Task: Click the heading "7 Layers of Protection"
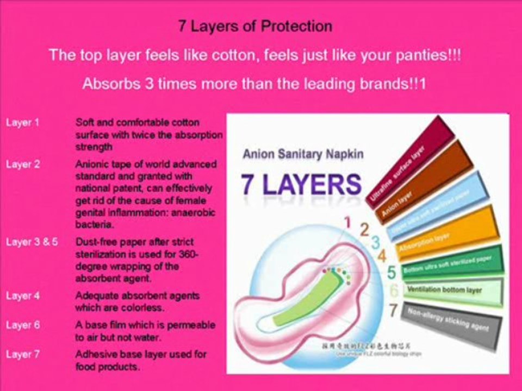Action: point(255,26)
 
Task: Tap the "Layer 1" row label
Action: point(22,123)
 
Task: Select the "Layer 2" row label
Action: point(23,165)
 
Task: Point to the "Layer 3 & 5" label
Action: point(32,242)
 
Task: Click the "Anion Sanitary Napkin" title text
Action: point(303,154)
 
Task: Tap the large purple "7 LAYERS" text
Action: point(301,185)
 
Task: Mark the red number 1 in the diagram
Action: point(348,222)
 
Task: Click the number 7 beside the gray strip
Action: point(393,311)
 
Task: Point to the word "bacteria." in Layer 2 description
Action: point(93,224)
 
